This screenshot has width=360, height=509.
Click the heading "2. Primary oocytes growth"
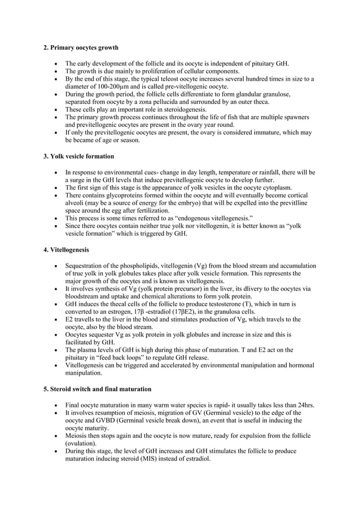[81, 48]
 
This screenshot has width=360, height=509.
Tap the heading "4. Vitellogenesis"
[66, 249]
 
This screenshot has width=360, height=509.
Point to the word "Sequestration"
[87, 265]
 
